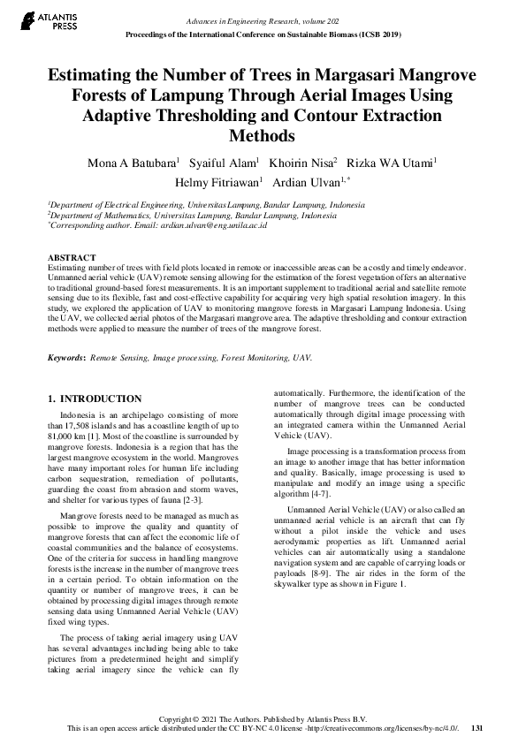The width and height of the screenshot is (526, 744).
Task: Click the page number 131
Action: [476, 728]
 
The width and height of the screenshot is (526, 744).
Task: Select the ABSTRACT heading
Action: [72, 257]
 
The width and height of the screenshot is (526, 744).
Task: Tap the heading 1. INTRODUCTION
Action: [95, 399]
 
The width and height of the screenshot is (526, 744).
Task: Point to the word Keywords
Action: [65, 359]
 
